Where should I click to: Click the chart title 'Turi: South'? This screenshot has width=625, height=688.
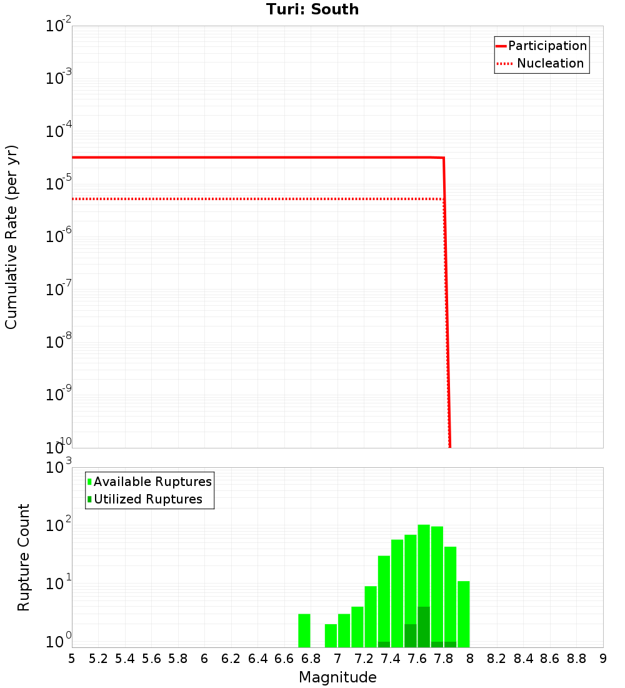coord(312,9)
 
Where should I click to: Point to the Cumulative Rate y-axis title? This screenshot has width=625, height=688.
coord(11,237)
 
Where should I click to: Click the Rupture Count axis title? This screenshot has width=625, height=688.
coord(24,557)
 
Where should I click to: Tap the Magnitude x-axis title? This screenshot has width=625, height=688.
coord(337,677)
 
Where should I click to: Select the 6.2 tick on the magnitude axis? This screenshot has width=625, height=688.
coord(231,659)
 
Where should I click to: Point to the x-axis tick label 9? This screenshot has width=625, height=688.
coord(602,659)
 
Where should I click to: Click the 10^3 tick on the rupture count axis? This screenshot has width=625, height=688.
coord(59,467)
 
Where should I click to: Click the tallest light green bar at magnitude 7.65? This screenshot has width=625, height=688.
coord(424,563)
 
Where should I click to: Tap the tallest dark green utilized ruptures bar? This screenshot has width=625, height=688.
coord(424,627)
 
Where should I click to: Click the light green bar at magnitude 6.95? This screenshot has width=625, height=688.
coord(331,635)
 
